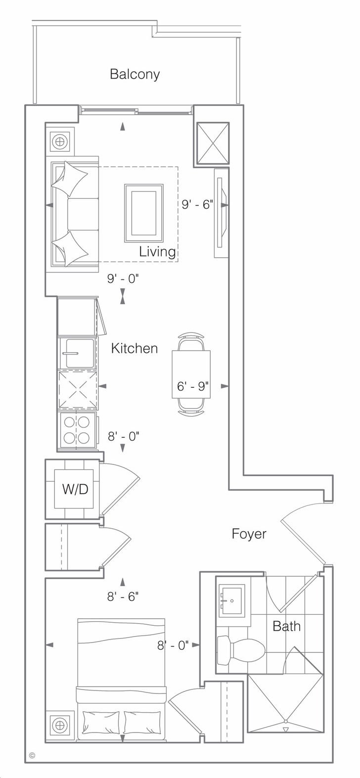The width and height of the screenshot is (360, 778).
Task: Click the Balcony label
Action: (135, 74)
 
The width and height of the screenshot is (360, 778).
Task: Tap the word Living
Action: (157, 251)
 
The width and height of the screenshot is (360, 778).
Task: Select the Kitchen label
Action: (135, 348)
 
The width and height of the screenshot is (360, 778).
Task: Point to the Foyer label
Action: (249, 534)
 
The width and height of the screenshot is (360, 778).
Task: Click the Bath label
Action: (286, 616)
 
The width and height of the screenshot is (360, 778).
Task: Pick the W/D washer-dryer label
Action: (75, 489)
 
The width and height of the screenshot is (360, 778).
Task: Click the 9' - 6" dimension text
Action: (197, 205)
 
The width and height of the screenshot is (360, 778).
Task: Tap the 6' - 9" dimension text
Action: (193, 386)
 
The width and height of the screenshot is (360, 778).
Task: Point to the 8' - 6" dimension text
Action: (123, 596)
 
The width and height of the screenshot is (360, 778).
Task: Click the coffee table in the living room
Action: (144, 213)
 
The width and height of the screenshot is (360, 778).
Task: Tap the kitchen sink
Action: (78, 353)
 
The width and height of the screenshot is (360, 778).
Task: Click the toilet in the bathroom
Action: (240, 645)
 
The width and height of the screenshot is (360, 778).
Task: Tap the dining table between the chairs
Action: (191, 374)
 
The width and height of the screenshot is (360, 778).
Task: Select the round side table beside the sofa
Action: (60, 141)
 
